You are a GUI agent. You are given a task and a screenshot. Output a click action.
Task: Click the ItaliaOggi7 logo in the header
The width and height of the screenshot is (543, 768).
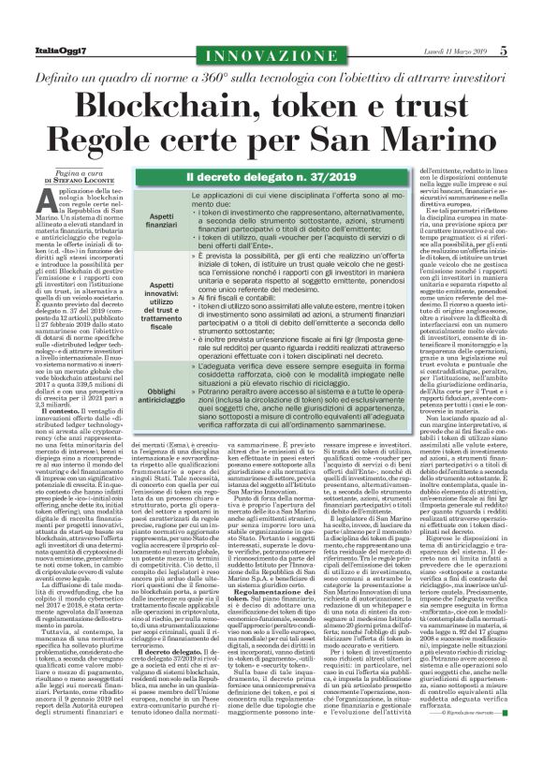tap(45, 28)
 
